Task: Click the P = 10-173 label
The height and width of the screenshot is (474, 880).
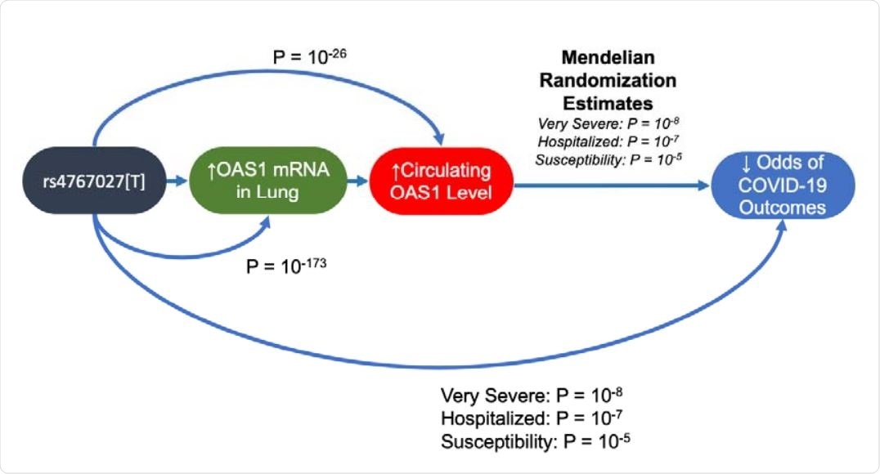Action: tap(287, 266)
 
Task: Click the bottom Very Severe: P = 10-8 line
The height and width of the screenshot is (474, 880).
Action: tap(533, 396)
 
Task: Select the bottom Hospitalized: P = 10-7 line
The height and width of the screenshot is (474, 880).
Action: tap(533, 419)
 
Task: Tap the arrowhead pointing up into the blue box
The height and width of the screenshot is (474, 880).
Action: tap(783, 230)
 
